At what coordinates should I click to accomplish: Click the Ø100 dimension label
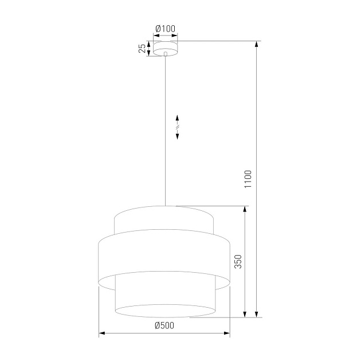click(165, 29)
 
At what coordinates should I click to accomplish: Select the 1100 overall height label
click(248, 179)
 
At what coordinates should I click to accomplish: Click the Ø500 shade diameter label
click(164, 325)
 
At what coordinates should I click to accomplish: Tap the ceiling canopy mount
click(165, 48)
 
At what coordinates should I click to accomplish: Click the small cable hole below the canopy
click(165, 55)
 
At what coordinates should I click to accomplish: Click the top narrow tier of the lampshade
click(165, 219)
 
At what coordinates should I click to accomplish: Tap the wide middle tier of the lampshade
click(165, 258)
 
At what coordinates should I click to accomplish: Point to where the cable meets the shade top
click(165, 205)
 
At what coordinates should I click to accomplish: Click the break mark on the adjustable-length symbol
click(178, 126)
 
